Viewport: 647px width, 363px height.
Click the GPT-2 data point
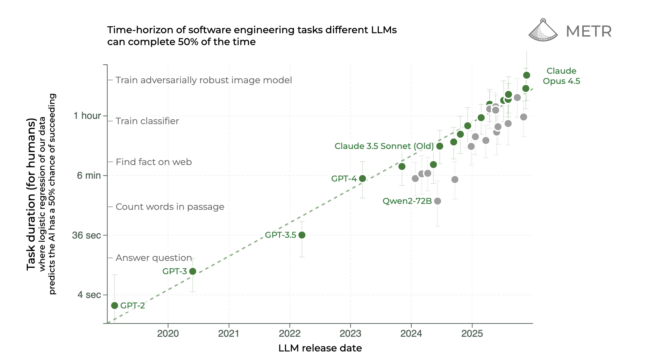coord(114,306)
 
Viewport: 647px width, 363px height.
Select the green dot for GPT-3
coord(192,271)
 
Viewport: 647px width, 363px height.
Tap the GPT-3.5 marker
coord(302,235)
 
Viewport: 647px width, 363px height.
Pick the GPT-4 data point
coord(362,179)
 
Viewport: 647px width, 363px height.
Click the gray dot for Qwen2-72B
coord(438,201)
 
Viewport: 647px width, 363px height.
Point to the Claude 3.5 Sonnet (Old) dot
coord(440,146)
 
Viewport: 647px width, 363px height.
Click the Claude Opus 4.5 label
coord(561,76)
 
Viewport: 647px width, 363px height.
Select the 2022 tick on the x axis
coord(290,333)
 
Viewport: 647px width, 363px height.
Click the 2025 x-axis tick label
coord(472,333)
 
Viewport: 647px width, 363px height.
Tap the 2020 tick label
coord(168,333)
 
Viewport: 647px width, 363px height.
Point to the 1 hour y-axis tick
coord(87,116)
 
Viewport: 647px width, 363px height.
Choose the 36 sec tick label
coord(86,235)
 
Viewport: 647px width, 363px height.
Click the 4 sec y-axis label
coord(89,295)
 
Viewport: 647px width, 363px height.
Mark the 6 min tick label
coord(89,176)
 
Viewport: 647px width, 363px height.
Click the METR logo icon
coord(543,30)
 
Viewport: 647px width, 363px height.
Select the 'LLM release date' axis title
coord(320,348)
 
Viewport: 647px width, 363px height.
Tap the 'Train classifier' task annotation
coord(147,121)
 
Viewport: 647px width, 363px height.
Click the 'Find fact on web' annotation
coord(154,162)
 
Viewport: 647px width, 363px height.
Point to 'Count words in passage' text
coord(170,207)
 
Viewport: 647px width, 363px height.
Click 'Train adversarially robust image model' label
coord(204,80)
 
